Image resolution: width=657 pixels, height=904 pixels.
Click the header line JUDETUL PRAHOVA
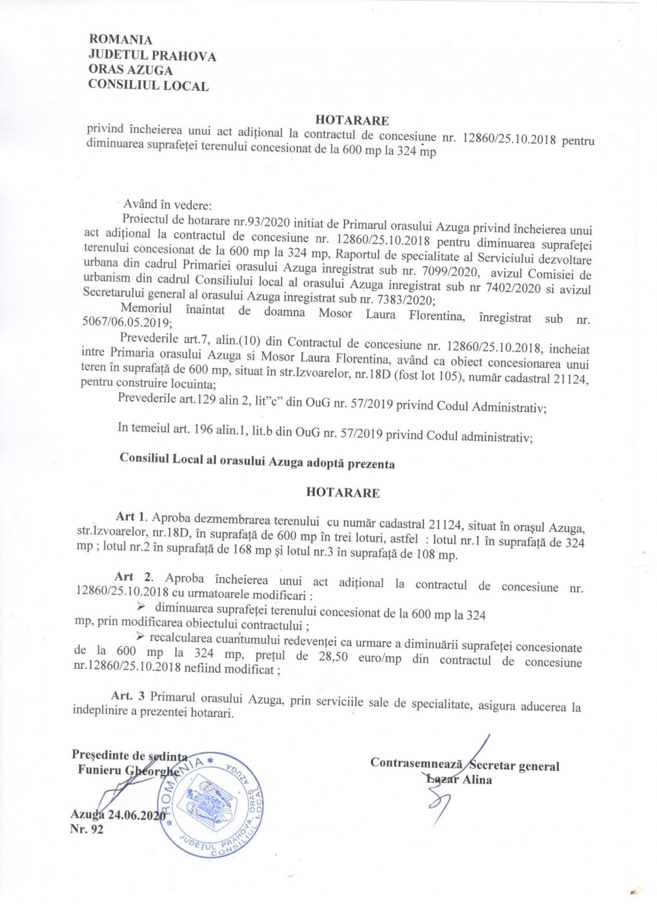tap(152, 56)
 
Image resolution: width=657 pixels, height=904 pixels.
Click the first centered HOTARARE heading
tap(352, 120)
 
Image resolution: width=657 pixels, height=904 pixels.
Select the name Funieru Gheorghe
tap(127, 770)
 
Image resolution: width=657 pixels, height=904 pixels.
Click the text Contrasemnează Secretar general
tap(465, 766)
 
